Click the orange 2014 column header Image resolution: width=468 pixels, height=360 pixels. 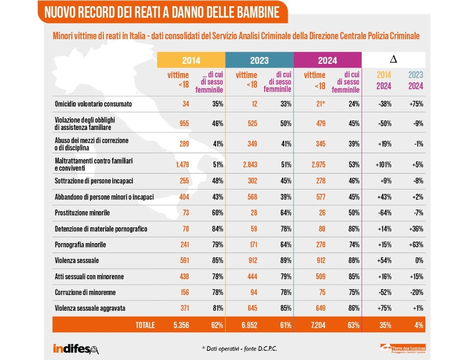191,60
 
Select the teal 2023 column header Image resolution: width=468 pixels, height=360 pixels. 259,60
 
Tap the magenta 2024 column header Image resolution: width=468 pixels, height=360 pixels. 327,60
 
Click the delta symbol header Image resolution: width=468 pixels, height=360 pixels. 394,59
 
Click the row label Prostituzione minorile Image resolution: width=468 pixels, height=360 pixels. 82,213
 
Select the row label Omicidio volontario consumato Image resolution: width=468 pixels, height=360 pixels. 93,104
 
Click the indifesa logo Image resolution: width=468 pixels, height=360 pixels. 75,348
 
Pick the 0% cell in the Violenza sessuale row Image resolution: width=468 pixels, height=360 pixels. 419,260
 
